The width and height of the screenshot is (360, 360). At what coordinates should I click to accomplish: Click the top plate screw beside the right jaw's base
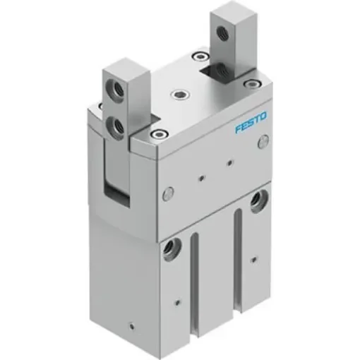pos(203,56)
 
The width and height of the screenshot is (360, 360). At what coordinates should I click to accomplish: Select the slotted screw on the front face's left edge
pos(168,191)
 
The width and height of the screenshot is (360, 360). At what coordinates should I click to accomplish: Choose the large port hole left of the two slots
pos(171,248)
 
